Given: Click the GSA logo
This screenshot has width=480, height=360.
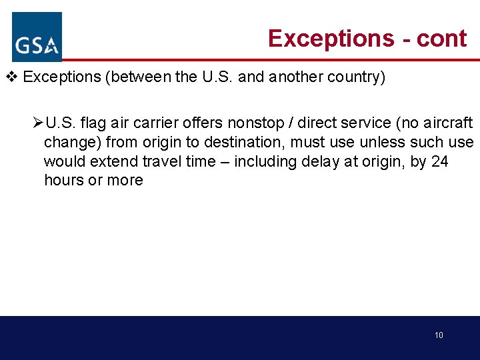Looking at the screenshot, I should coord(37,37).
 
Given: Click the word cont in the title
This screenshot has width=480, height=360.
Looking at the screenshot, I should coord(441,39).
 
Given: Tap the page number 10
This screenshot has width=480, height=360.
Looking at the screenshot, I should coord(439,335).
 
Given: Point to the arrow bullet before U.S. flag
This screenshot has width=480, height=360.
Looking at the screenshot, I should coord(37,123).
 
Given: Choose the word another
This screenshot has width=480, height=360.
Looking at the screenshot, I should coord(296,77).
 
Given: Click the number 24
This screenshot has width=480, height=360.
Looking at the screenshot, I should coord(440,161).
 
